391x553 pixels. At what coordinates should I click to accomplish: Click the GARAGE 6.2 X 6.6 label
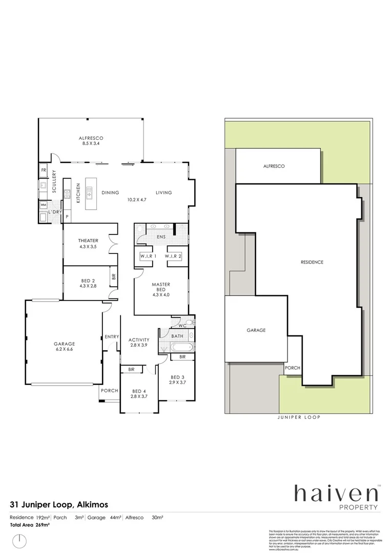[x=65, y=347]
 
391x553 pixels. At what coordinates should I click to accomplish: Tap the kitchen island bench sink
[x=90, y=194]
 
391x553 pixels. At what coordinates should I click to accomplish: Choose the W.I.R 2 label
[x=173, y=256]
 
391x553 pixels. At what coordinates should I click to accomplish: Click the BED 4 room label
[x=139, y=393]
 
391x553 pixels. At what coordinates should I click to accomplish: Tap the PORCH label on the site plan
[x=293, y=368]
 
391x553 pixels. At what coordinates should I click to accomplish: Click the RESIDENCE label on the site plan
[x=312, y=262]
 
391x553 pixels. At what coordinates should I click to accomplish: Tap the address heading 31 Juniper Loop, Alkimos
[x=59, y=504]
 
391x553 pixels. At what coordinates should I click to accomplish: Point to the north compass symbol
[x=19, y=540]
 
